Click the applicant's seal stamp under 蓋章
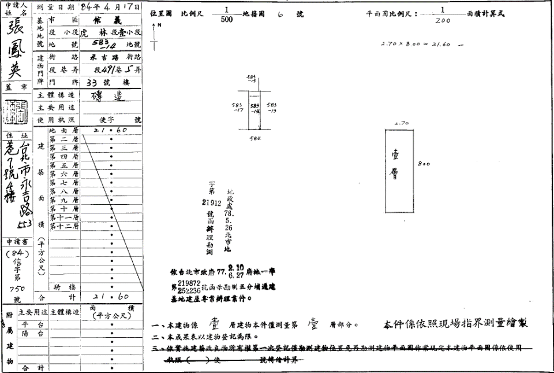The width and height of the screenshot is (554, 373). (15, 112)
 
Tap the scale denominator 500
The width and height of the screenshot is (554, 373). (227, 19)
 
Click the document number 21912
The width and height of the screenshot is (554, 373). (212, 202)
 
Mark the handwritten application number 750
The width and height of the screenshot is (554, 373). (17, 287)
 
